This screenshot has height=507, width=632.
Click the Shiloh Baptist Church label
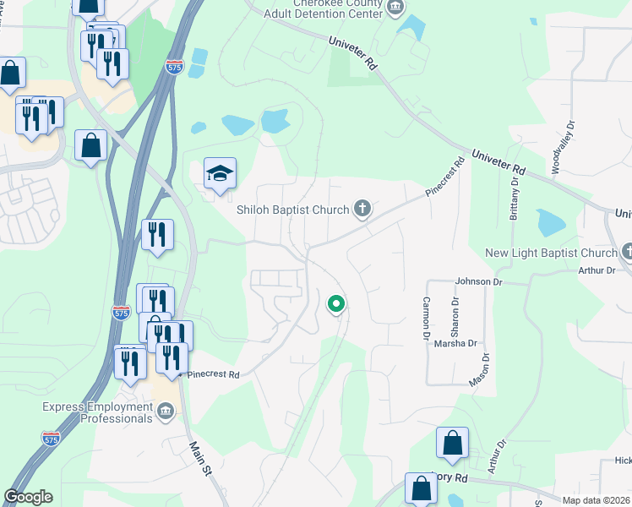pyautogui.click(x=293, y=210)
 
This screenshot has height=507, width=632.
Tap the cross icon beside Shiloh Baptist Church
pyautogui.click(x=363, y=209)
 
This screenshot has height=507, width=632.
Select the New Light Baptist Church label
pyautogui.click(x=552, y=253)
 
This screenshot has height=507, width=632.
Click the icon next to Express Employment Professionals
pyautogui.click(x=166, y=412)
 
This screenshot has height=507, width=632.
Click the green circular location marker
pyautogui.click(x=336, y=303)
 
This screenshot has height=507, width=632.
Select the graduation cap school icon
pyautogui.click(x=220, y=174)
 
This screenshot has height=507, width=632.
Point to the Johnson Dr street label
pyautogui.click(x=478, y=281)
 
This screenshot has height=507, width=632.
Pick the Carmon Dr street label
pyautogui.click(x=426, y=313)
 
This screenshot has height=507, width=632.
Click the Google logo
pyautogui.click(x=28, y=497)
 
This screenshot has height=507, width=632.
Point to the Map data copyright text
pyautogui.click(x=593, y=499)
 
